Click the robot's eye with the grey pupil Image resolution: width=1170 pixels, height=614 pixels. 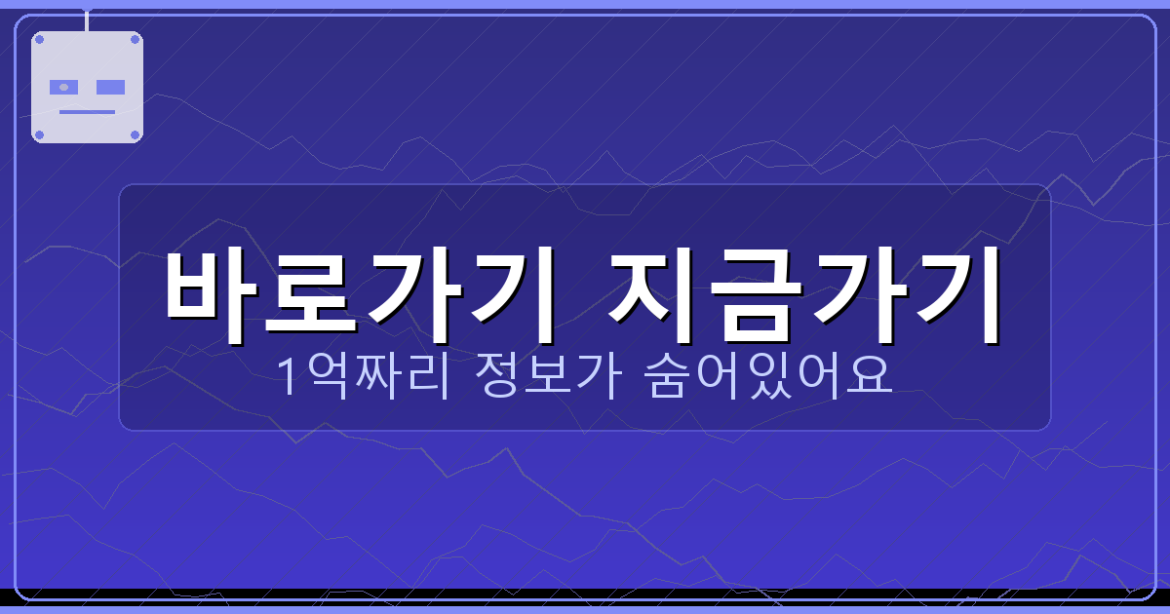pos(63,87)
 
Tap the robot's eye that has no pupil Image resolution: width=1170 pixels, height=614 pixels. pos(111,87)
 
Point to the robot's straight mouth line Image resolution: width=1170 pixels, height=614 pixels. pos(87,111)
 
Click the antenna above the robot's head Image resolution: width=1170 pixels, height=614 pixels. pos(87,20)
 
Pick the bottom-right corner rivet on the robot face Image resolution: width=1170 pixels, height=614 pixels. pos(135,134)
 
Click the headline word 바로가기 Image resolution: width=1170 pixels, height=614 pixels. pos(359,292)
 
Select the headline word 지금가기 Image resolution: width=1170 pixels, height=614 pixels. pos(805,292)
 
